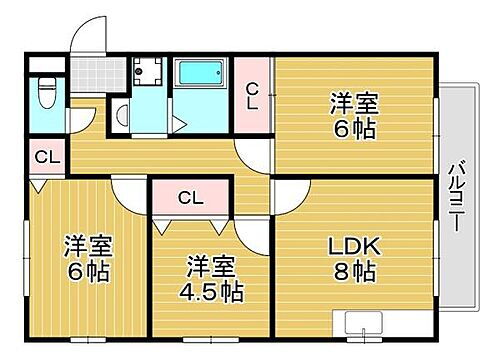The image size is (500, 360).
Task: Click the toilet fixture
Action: pos(45,97)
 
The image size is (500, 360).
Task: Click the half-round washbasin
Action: pos(119,114)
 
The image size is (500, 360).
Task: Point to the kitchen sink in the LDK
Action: pos(367,323)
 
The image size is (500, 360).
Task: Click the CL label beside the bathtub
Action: pos(253,95)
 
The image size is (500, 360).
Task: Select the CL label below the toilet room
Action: pos(46,157)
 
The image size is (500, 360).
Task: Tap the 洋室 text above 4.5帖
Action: pos(210,267)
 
